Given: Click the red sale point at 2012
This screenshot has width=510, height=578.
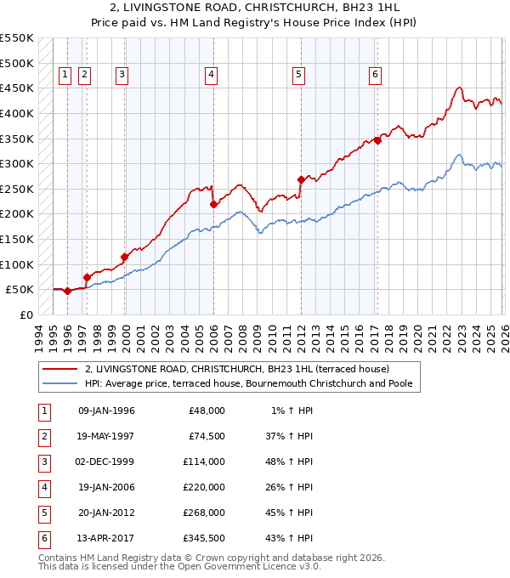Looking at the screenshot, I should click(301, 179).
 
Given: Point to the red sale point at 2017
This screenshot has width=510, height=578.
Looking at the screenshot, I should click(377, 141).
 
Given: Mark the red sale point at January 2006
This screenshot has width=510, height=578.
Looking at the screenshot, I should click(213, 204).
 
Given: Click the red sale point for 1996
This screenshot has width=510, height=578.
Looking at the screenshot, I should click(67, 291).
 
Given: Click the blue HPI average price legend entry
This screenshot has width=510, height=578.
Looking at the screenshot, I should click(248, 383).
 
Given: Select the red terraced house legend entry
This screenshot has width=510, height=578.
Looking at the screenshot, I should click(236, 369).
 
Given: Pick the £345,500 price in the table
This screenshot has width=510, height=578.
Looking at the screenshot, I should click(204, 538).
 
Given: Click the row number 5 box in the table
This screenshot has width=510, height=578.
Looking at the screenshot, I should click(42, 513).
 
